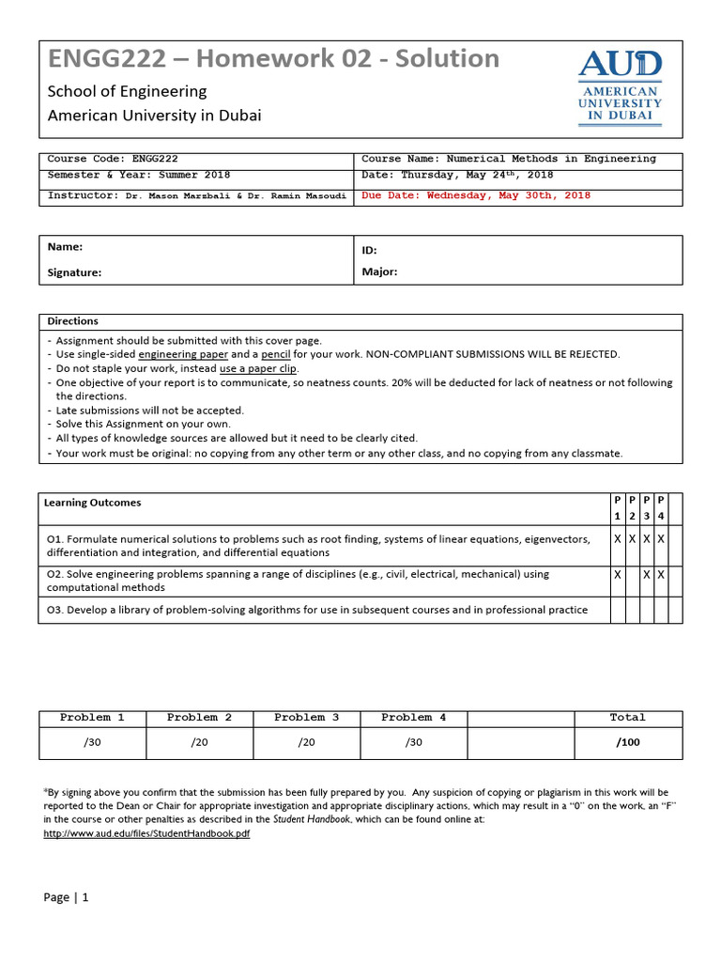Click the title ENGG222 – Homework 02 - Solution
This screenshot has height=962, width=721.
(273, 59)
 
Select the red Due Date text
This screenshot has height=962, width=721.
(476, 195)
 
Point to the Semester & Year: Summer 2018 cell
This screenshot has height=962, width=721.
(139, 175)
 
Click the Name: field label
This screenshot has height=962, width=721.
(65, 246)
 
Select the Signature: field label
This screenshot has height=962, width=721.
(74, 272)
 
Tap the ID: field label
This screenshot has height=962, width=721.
(369, 251)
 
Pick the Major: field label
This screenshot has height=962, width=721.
(379, 272)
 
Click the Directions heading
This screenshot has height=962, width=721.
(72, 320)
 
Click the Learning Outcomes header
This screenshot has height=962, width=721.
(92, 503)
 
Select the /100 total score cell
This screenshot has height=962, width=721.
(627, 742)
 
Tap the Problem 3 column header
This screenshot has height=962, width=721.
(306, 718)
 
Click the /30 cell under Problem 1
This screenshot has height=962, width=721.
(92, 742)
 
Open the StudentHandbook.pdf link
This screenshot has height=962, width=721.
(147, 833)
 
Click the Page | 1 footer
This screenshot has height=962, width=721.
(66, 897)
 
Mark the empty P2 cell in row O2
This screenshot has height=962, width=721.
(632, 581)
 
